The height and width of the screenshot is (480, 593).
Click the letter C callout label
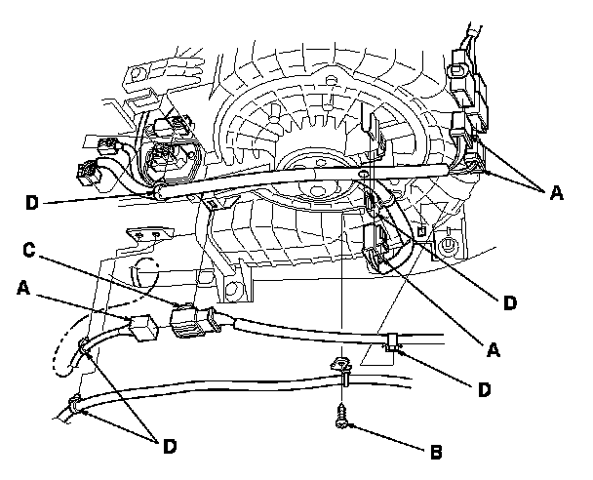click(32, 250)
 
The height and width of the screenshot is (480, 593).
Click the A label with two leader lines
click(557, 193)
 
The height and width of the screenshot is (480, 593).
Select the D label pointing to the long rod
click(33, 204)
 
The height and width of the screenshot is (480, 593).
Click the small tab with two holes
click(148, 236)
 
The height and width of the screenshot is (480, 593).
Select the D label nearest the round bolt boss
click(507, 303)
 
